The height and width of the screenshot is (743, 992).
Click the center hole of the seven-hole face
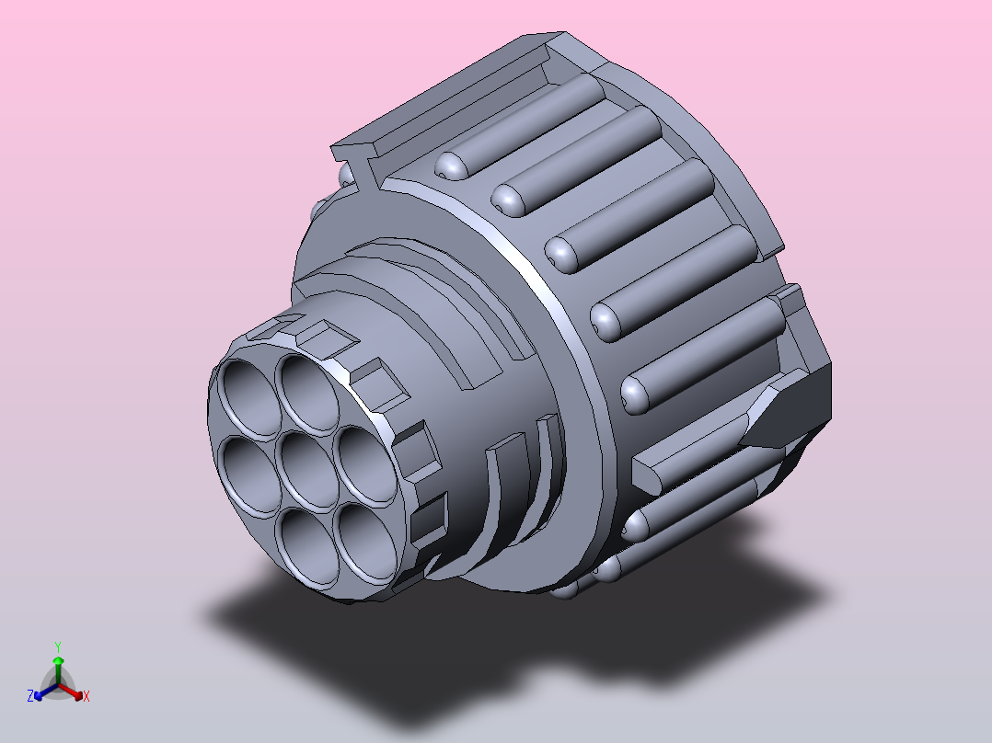[308, 466]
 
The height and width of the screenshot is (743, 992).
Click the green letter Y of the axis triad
[58, 646]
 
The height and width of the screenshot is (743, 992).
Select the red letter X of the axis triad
[87, 696]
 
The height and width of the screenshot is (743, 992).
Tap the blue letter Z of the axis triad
[30, 696]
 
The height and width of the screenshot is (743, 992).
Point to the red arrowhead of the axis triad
[78, 694]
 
